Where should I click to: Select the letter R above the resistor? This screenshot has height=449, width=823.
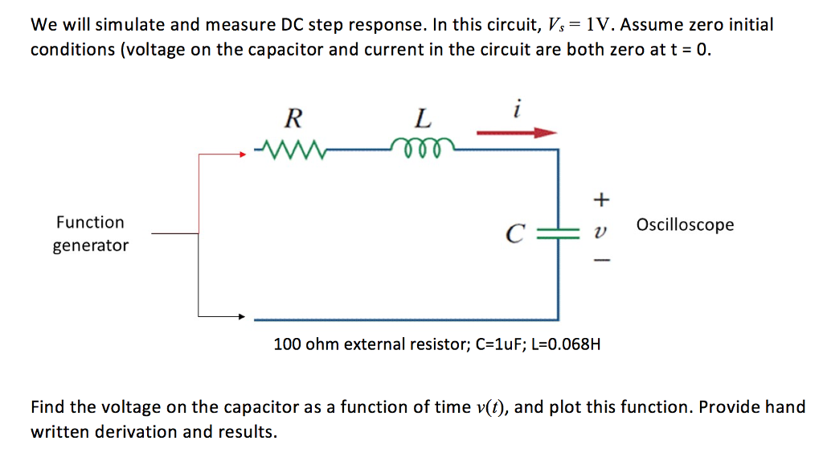(293, 120)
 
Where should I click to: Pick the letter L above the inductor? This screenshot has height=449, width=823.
(422, 120)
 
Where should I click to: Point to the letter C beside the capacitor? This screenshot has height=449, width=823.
(515, 235)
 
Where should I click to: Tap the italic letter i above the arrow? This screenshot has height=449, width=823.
(518, 107)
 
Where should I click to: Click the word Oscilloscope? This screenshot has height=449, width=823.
(685, 224)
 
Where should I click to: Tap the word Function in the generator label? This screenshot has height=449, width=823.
(90, 222)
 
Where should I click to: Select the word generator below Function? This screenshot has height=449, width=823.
(90, 245)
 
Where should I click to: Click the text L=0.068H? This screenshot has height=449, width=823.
(566, 344)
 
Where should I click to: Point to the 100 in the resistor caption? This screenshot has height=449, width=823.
(286, 344)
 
